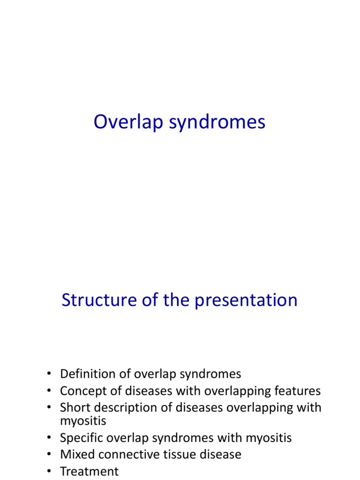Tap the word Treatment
[x=89, y=471]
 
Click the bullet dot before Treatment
[x=49, y=472]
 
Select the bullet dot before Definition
[x=49, y=375]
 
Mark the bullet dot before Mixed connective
[x=49, y=455]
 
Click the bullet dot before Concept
[x=49, y=391]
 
